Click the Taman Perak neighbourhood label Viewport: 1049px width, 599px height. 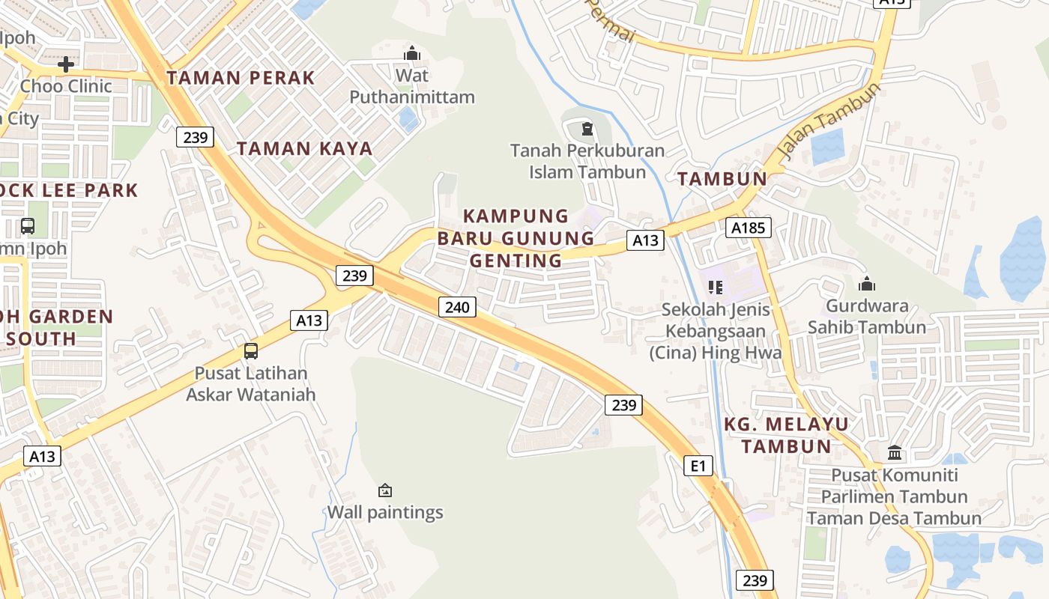[x=241, y=78]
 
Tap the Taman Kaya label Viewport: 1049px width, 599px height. [x=305, y=148]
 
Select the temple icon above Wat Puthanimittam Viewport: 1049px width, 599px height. [x=411, y=53]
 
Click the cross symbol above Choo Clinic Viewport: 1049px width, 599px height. [x=66, y=64]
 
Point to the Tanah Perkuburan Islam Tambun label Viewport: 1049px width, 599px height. [x=587, y=161]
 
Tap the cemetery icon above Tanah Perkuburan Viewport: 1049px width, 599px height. [x=587, y=129]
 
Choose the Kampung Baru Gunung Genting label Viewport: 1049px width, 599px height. [x=516, y=238]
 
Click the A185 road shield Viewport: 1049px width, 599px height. [x=749, y=227]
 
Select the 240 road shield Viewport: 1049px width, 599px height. [x=457, y=306]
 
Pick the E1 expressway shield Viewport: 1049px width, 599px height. [x=698, y=466]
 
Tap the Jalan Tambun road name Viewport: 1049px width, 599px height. [x=829, y=121]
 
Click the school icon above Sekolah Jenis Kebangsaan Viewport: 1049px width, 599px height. [x=715, y=287]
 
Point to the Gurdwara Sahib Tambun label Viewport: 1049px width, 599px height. [x=867, y=317]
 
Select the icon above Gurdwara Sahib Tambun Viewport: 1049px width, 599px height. [x=867, y=285]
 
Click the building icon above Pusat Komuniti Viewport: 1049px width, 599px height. [x=895, y=453]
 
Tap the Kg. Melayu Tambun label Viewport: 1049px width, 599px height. [x=787, y=435]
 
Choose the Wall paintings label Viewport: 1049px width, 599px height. [x=385, y=512]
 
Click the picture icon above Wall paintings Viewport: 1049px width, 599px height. [x=385, y=491]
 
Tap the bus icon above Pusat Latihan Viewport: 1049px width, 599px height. [x=251, y=350]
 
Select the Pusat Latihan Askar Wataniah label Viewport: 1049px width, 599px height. [x=251, y=383]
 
